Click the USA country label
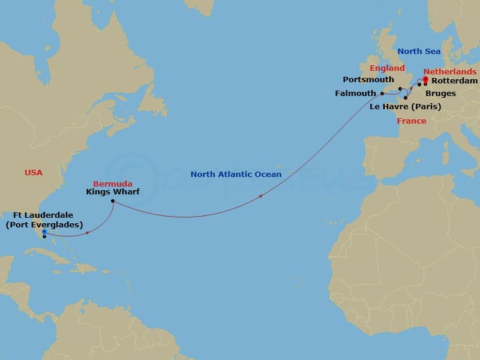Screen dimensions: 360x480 coord(34,173)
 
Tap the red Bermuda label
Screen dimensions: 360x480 coord(112,184)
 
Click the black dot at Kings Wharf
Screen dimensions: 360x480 coord(113,202)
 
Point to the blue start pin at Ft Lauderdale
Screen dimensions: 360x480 coord(44,232)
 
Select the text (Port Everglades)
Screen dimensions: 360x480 coord(44,225)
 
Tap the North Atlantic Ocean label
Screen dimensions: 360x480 coord(236,175)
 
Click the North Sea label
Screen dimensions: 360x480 coord(418,52)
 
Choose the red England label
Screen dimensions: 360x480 coord(387,68)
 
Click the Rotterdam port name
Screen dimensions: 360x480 coord(454,81)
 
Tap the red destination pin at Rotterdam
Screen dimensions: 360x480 coord(425,79)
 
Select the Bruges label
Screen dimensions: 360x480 coord(440,94)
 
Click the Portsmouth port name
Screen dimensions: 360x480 coord(368,80)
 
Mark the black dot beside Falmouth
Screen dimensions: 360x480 coord(382,94)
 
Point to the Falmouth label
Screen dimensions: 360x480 coord(355,94)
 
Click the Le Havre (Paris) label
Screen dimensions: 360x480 coord(406,107)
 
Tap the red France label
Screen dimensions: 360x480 coord(412,121)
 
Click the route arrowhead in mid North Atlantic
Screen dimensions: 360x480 coord(260,196)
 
